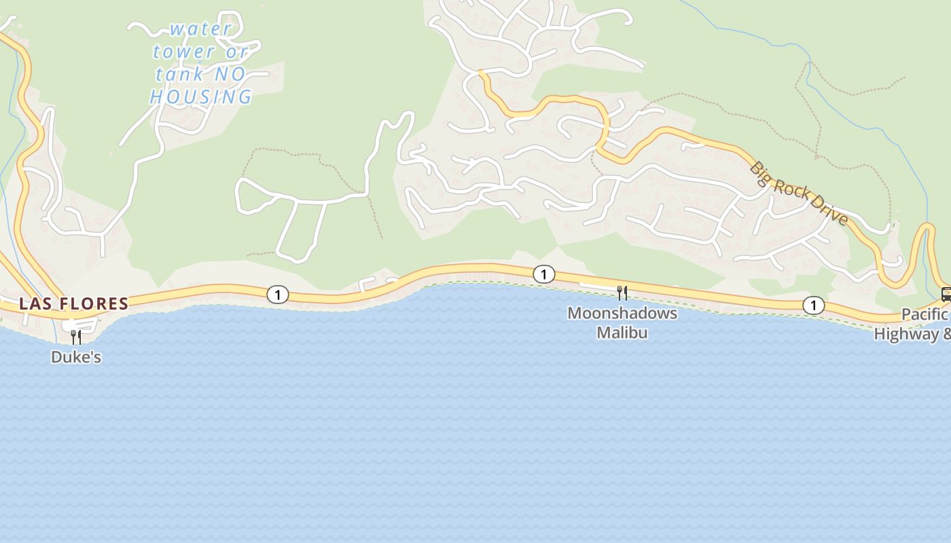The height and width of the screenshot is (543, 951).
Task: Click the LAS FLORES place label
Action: click(73, 303)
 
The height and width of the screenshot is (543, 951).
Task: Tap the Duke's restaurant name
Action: click(76, 357)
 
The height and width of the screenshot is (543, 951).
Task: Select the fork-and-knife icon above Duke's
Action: click(76, 336)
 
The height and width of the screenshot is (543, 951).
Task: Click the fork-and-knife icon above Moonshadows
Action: click(622, 293)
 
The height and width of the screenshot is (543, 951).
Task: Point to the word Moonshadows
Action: click(622, 314)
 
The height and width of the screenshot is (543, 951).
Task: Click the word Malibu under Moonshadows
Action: click(622, 333)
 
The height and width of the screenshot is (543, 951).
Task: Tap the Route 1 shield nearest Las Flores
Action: click(277, 295)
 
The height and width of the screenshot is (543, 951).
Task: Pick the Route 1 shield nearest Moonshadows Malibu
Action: click(543, 274)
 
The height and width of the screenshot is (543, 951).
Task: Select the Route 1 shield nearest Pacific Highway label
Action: click(813, 305)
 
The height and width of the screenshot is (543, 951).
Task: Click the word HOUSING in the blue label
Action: click(201, 97)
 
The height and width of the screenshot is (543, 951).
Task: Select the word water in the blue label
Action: click(201, 29)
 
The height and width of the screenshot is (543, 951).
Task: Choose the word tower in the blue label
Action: click(183, 52)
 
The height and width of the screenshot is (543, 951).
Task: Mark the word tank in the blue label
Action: click(173, 74)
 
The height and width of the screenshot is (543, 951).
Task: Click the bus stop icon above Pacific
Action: click(946, 295)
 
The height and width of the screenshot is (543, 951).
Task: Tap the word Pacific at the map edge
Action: click(924, 315)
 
